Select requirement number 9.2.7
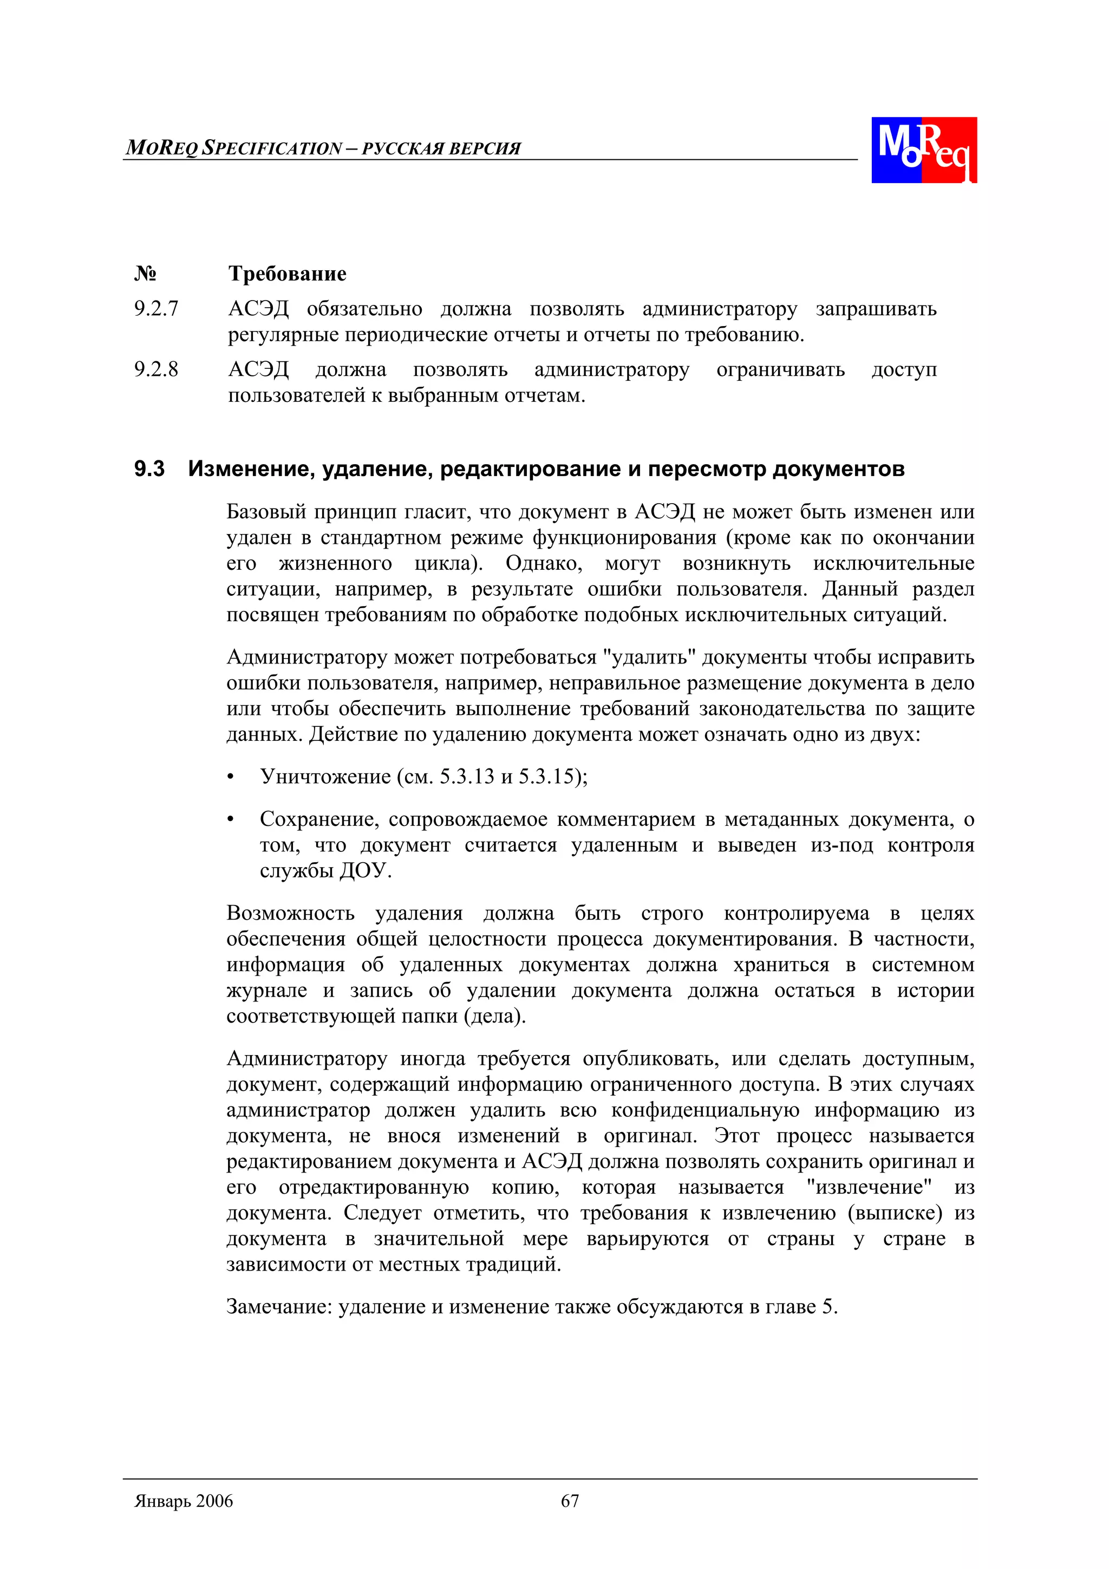tap(156, 309)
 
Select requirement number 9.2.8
tap(156, 370)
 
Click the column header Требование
tap(287, 274)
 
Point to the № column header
tap(145, 274)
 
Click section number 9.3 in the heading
tap(149, 469)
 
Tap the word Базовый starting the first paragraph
tap(266, 511)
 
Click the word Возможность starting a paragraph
tap(290, 913)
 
